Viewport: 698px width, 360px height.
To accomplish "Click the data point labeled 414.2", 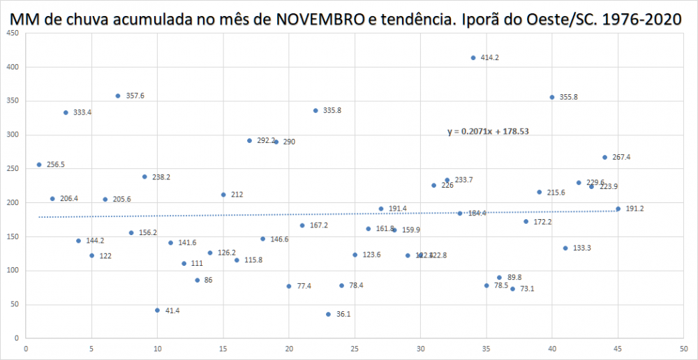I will pyautogui.click(x=473, y=58).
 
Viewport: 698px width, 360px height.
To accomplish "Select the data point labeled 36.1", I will pyautogui.click(x=328, y=314).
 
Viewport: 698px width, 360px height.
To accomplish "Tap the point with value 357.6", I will pyautogui.click(x=118, y=96).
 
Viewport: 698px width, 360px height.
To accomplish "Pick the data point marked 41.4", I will pyautogui.click(x=157, y=310).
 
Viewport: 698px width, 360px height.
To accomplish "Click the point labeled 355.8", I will pyautogui.click(x=552, y=97).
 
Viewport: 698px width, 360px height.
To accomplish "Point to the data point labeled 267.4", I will pyautogui.click(x=604, y=157).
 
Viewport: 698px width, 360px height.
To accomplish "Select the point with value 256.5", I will pyautogui.click(x=39, y=165).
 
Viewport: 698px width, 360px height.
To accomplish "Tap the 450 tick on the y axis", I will pyautogui.click(x=13, y=33).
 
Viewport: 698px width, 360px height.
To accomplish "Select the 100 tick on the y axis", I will pyautogui.click(x=13, y=271).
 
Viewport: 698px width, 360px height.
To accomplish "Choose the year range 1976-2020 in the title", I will pyautogui.click(x=637, y=20).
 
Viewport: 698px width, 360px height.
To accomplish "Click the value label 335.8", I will pyautogui.click(x=332, y=110).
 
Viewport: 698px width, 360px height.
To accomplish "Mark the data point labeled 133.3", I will pyautogui.click(x=565, y=248).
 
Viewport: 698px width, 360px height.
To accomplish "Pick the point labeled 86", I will pyautogui.click(x=197, y=280).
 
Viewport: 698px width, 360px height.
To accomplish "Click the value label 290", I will pyautogui.click(x=289, y=142).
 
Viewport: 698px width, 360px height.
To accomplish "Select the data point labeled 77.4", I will pyautogui.click(x=289, y=286).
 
